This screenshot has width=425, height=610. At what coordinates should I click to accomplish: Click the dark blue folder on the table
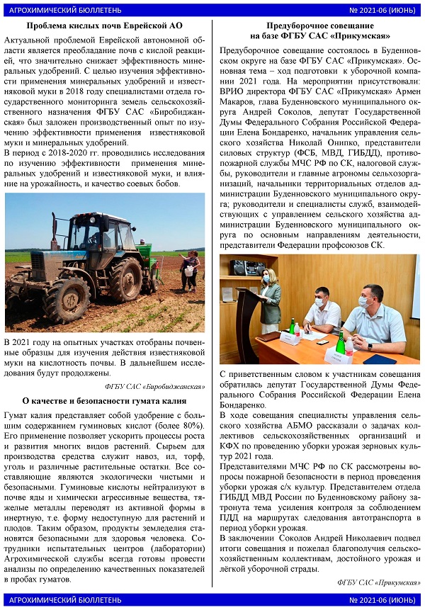(385, 358)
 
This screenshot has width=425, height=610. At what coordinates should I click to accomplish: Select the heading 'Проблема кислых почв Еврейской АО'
(104, 26)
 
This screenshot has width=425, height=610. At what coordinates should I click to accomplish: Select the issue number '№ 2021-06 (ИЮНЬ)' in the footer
(382, 600)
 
